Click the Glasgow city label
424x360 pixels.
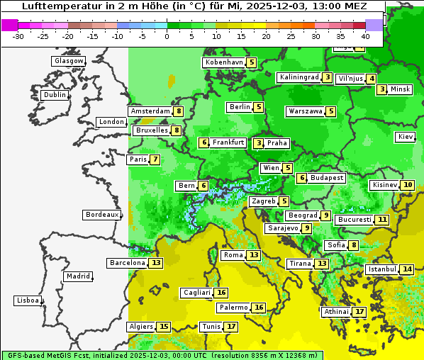[68, 61]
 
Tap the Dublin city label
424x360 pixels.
[54, 95]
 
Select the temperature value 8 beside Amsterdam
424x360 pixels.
[179, 111]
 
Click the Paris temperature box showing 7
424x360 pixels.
[155, 159]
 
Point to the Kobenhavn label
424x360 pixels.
[224, 62]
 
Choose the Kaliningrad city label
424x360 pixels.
[299, 77]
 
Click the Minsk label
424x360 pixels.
[400, 89]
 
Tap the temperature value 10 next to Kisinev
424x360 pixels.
[407, 185]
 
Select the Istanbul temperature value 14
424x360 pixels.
[407, 269]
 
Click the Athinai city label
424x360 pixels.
[336, 312]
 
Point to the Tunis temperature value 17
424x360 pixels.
[231, 327]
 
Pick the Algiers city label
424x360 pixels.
[140, 327]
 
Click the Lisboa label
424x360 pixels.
[28, 300]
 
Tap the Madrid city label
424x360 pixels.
[78, 276]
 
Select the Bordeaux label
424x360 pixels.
[101, 215]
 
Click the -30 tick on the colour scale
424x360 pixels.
[18, 35]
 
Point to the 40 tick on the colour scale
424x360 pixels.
[366, 35]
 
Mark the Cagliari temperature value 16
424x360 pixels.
[222, 293]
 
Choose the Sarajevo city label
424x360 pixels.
[283, 228]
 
